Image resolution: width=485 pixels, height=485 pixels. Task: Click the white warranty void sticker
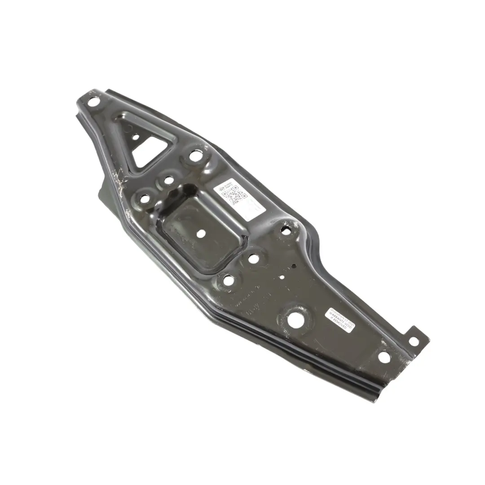(339, 320)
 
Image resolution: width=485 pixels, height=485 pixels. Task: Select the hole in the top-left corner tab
(93, 101)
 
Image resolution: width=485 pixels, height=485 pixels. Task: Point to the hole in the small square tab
(414, 341)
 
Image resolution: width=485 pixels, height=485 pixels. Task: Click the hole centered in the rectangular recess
(201, 234)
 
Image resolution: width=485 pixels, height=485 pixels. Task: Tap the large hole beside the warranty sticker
(295, 318)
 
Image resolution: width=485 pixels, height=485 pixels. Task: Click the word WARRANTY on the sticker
(340, 319)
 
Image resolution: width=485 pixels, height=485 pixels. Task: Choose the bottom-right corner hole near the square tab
(384, 357)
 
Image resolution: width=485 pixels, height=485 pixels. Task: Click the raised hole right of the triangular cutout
(195, 156)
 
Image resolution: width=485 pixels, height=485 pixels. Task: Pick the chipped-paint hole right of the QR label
(286, 231)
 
